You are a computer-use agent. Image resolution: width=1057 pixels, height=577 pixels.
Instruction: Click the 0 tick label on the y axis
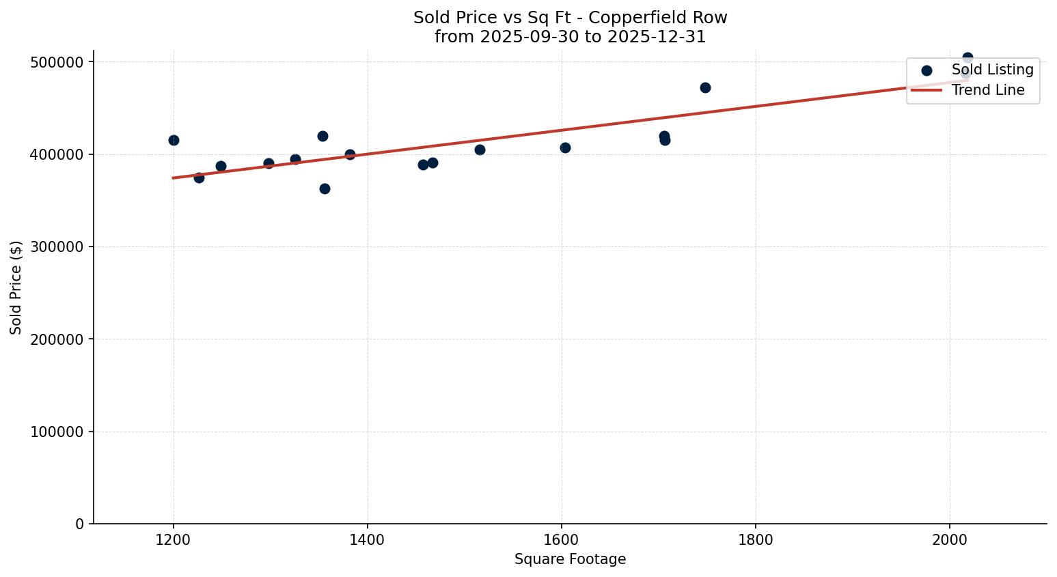(x=79, y=524)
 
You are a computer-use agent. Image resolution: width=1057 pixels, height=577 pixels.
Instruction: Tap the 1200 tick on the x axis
(x=174, y=539)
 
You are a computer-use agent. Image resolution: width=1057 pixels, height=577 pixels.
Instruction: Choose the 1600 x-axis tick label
(x=562, y=539)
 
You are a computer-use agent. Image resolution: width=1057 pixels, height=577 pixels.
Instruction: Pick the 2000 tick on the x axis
(x=950, y=539)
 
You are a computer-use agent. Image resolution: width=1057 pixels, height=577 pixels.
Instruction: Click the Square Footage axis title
(x=570, y=560)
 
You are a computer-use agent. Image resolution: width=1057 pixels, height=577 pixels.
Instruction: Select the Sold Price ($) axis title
(x=16, y=287)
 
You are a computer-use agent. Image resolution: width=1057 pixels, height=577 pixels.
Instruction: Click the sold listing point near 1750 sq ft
(x=705, y=87)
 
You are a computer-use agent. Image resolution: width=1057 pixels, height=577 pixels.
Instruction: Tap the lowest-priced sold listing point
(x=325, y=188)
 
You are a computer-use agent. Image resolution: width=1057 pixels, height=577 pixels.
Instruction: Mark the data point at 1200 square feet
(x=174, y=140)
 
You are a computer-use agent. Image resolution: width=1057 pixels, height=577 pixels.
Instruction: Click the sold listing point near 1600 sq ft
(x=565, y=147)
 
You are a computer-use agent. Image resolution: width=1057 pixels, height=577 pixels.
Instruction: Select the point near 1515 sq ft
(x=480, y=150)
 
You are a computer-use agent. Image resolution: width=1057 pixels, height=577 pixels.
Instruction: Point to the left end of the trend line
(x=174, y=178)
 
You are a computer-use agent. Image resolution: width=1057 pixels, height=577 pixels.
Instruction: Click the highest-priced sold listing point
(x=967, y=58)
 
